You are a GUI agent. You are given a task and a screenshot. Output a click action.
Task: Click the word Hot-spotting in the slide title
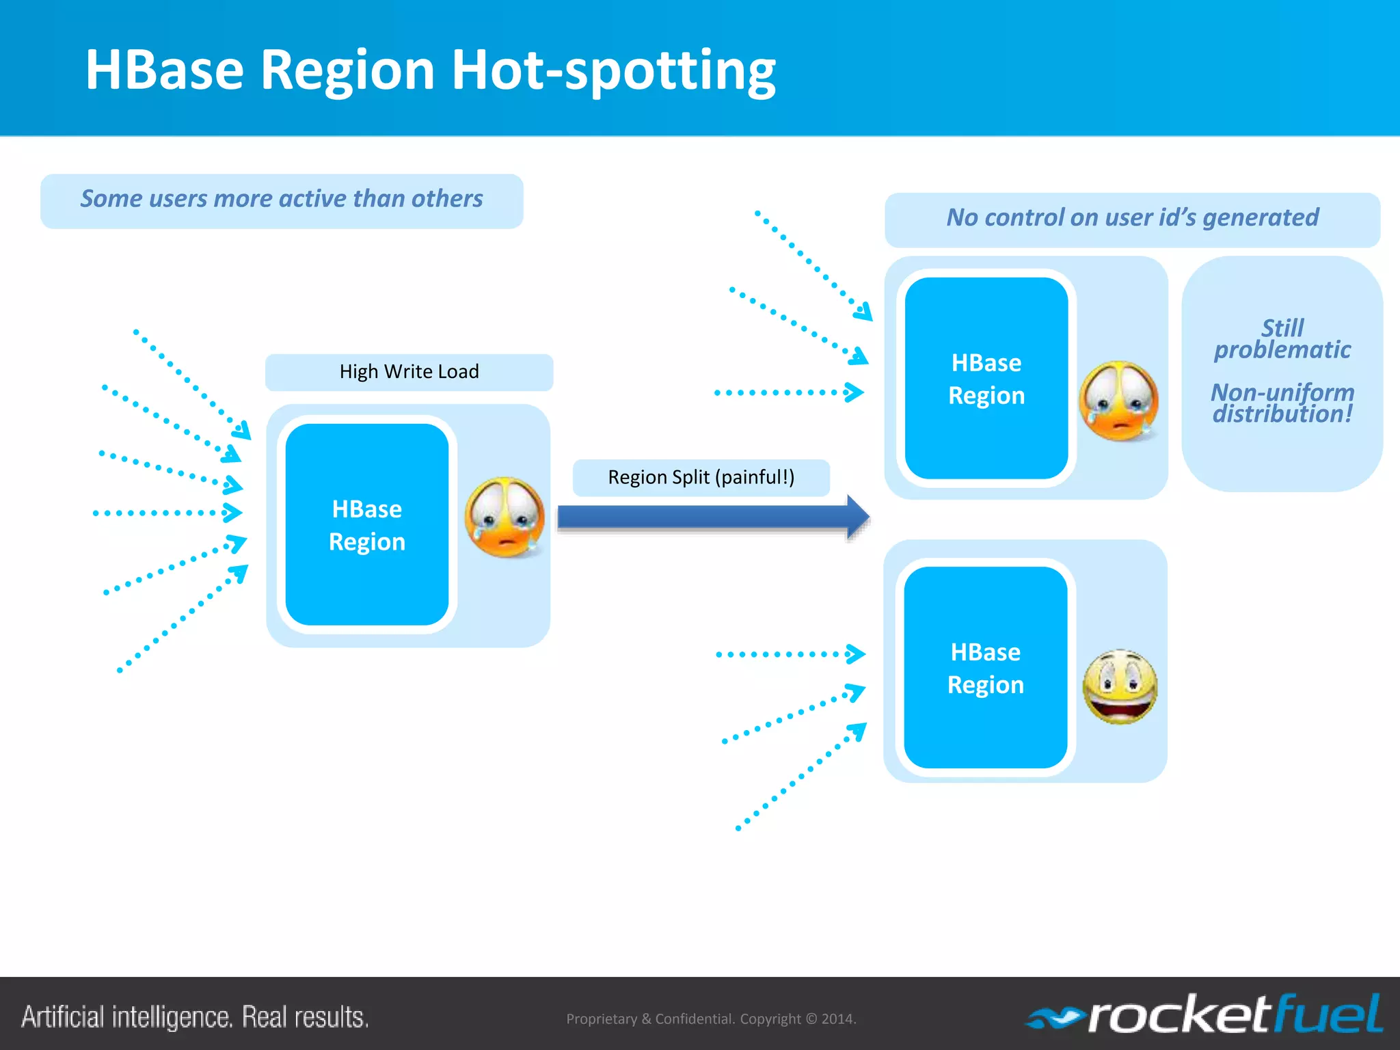click(613, 70)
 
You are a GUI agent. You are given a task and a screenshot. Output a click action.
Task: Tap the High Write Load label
click(409, 372)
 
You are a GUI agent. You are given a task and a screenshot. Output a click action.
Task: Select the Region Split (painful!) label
click(701, 477)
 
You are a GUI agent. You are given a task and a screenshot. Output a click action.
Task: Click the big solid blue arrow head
click(857, 517)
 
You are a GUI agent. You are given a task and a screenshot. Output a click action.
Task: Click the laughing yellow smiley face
click(1120, 686)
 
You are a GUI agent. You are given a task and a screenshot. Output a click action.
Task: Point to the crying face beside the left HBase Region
click(504, 517)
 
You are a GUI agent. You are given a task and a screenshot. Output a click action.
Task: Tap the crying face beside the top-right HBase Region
click(1118, 401)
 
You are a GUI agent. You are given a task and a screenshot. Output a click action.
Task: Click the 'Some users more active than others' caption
click(282, 199)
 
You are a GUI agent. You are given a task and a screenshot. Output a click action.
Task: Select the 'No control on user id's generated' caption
click(1132, 218)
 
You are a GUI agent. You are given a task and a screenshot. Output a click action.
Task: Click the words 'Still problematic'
click(1282, 339)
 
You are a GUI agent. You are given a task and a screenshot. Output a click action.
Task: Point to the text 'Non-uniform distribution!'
click(1282, 403)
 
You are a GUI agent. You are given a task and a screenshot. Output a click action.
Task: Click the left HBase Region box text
click(367, 525)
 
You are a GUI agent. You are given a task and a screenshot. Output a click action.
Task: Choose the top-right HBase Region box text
click(986, 379)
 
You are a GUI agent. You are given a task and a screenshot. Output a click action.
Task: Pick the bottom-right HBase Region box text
click(985, 669)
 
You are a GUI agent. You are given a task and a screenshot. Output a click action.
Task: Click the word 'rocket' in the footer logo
click(1180, 1016)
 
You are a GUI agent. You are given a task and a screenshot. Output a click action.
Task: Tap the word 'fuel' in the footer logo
click(1329, 1014)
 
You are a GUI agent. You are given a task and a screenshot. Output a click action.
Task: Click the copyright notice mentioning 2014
click(711, 1019)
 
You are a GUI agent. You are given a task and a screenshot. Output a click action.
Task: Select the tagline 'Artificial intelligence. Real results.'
click(196, 1017)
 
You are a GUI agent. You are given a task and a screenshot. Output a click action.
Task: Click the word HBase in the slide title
click(165, 70)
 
